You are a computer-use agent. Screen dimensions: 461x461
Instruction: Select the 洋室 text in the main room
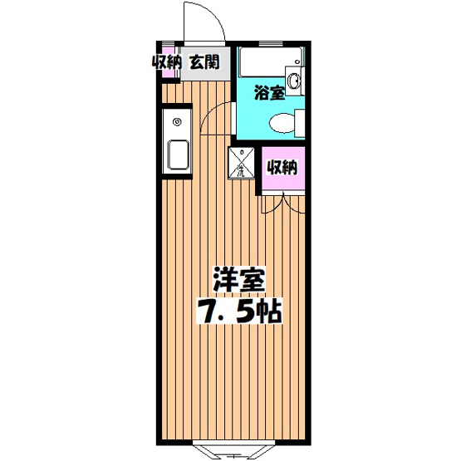point(238,279)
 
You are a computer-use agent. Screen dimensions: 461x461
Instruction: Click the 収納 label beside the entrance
point(166,61)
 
